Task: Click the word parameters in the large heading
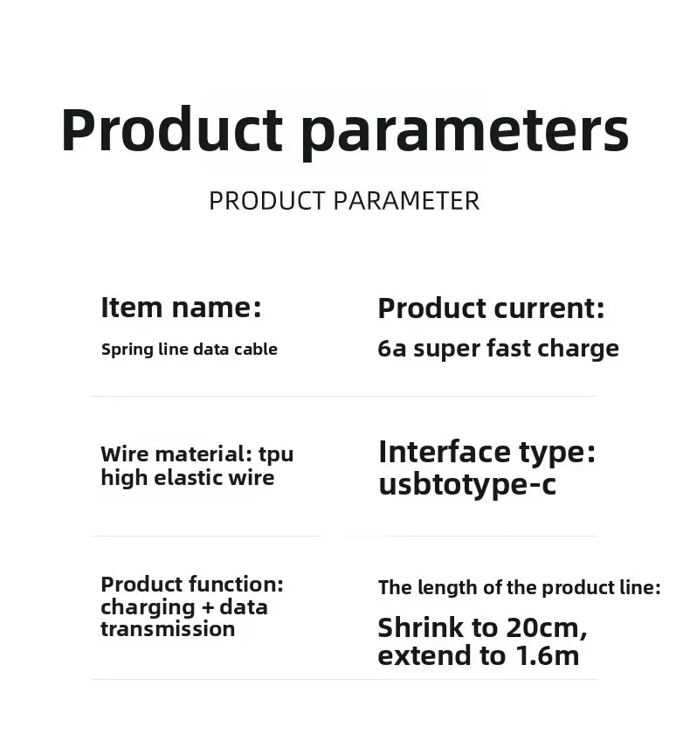click(465, 131)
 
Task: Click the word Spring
click(127, 350)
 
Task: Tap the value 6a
click(392, 349)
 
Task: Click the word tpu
click(276, 454)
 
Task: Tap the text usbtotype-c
click(466, 484)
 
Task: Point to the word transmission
click(168, 629)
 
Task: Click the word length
click(445, 588)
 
